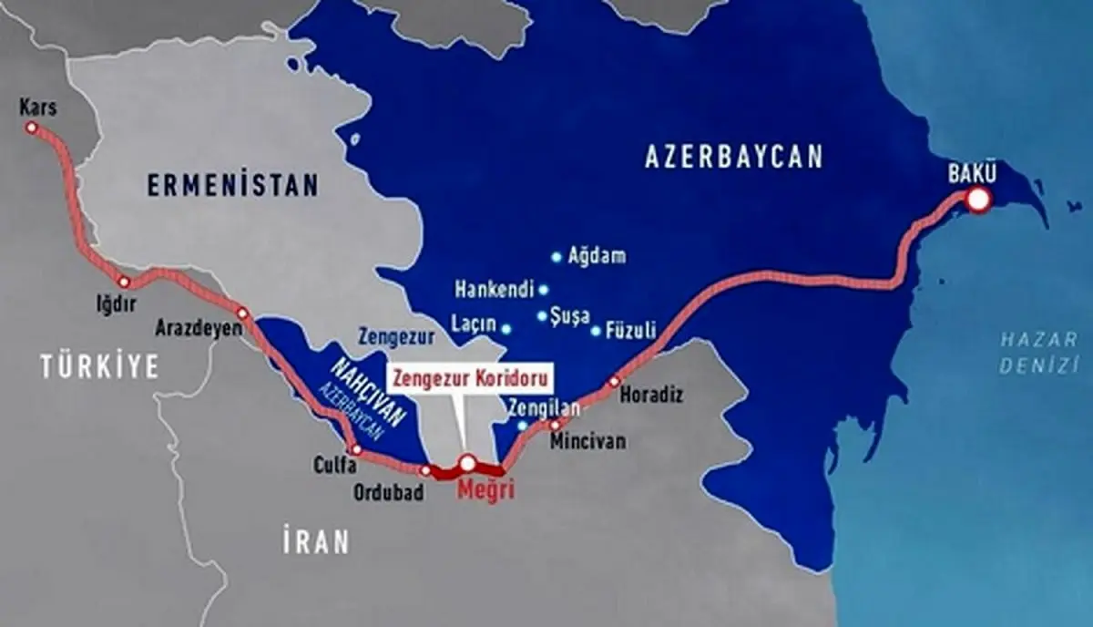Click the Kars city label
(37, 108)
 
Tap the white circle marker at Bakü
(978, 200)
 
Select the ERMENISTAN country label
(233, 185)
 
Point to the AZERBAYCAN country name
(733, 156)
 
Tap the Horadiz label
(650, 396)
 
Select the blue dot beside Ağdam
(556, 257)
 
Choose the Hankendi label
(492, 292)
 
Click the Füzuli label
(632, 332)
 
